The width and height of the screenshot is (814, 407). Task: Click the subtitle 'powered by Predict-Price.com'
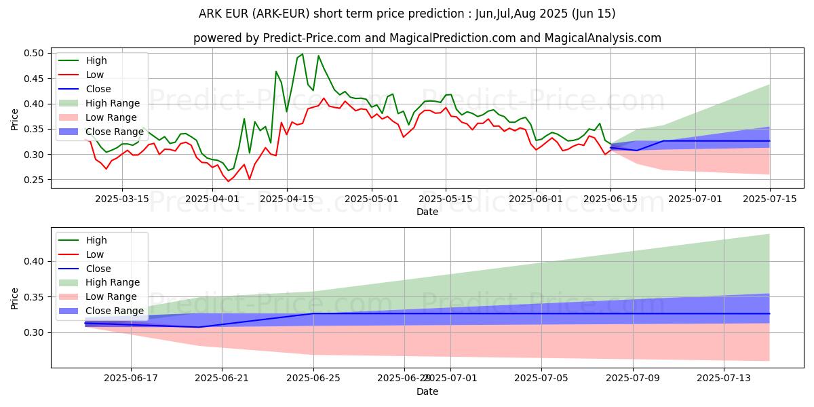pyautogui.click(x=427, y=38)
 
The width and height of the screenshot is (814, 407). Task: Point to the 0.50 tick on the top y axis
pyautogui.click(x=35, y=53)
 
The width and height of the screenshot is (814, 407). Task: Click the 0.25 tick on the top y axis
pyautogui.click(x=35, y=180)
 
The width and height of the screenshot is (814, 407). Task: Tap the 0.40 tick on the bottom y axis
pyautogui.click(x=35, y=261)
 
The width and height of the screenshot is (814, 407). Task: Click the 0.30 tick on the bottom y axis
pyautogui.click(x=35, y=332)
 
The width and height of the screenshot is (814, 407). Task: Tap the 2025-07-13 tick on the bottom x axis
pyautogui.click(x=724, y=378)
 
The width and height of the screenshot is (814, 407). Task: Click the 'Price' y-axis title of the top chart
pyautogui.click(x=15, y=119)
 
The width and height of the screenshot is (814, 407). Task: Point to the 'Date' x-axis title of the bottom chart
pyautogui.click(x=427, y=391)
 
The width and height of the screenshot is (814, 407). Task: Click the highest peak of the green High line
pyautogui.click(x=303, y=54)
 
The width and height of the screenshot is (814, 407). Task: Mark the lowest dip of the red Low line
pyautogui.click(x=229, y=181)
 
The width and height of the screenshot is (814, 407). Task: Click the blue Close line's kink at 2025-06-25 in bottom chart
pyautogui.click(x=313, y=313)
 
